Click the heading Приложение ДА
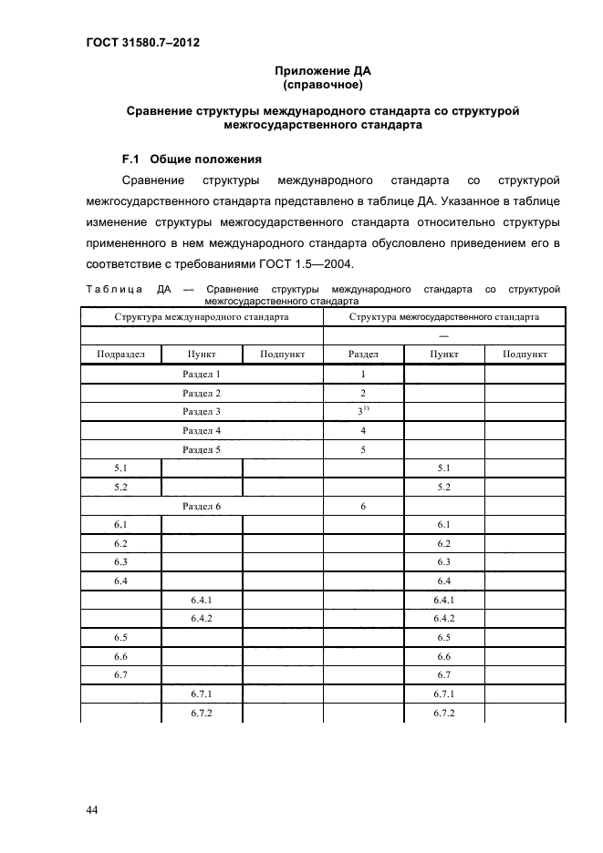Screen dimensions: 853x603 [323, 70]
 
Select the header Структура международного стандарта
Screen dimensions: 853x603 [202, 317]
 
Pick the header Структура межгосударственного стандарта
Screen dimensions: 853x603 [444, 317]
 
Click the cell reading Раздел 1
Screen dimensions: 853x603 [202, 374]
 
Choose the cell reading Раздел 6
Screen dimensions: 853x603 [202, 505]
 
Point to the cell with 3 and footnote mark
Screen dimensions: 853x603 [364, 412]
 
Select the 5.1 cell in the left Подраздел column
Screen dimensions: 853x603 [120, 468]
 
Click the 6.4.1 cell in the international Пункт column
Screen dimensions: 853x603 [202, 599]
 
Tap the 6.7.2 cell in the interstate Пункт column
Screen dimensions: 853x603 [444, 712]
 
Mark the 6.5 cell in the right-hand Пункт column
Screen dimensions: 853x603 [444, 637]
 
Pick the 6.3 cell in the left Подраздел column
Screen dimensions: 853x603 [120, 561]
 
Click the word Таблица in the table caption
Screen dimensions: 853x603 [111, 290]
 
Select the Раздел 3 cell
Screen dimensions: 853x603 [202, 412]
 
